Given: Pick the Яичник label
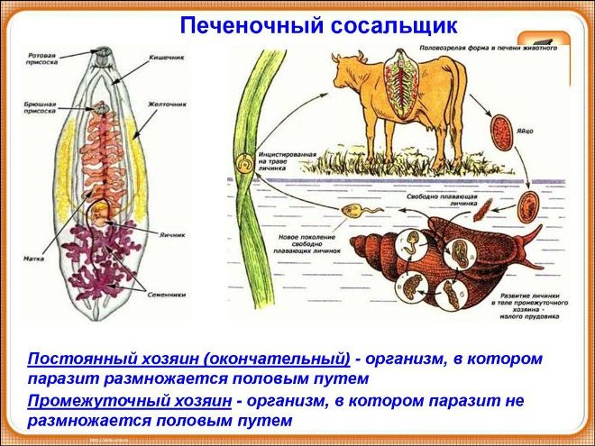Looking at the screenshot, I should [x=173, y=234].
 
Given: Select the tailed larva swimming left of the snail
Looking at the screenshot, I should [x=352, y=214].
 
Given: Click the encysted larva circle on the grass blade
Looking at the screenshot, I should [x=243, y=166].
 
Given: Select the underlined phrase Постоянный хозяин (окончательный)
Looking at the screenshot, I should [x=188, y=359].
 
